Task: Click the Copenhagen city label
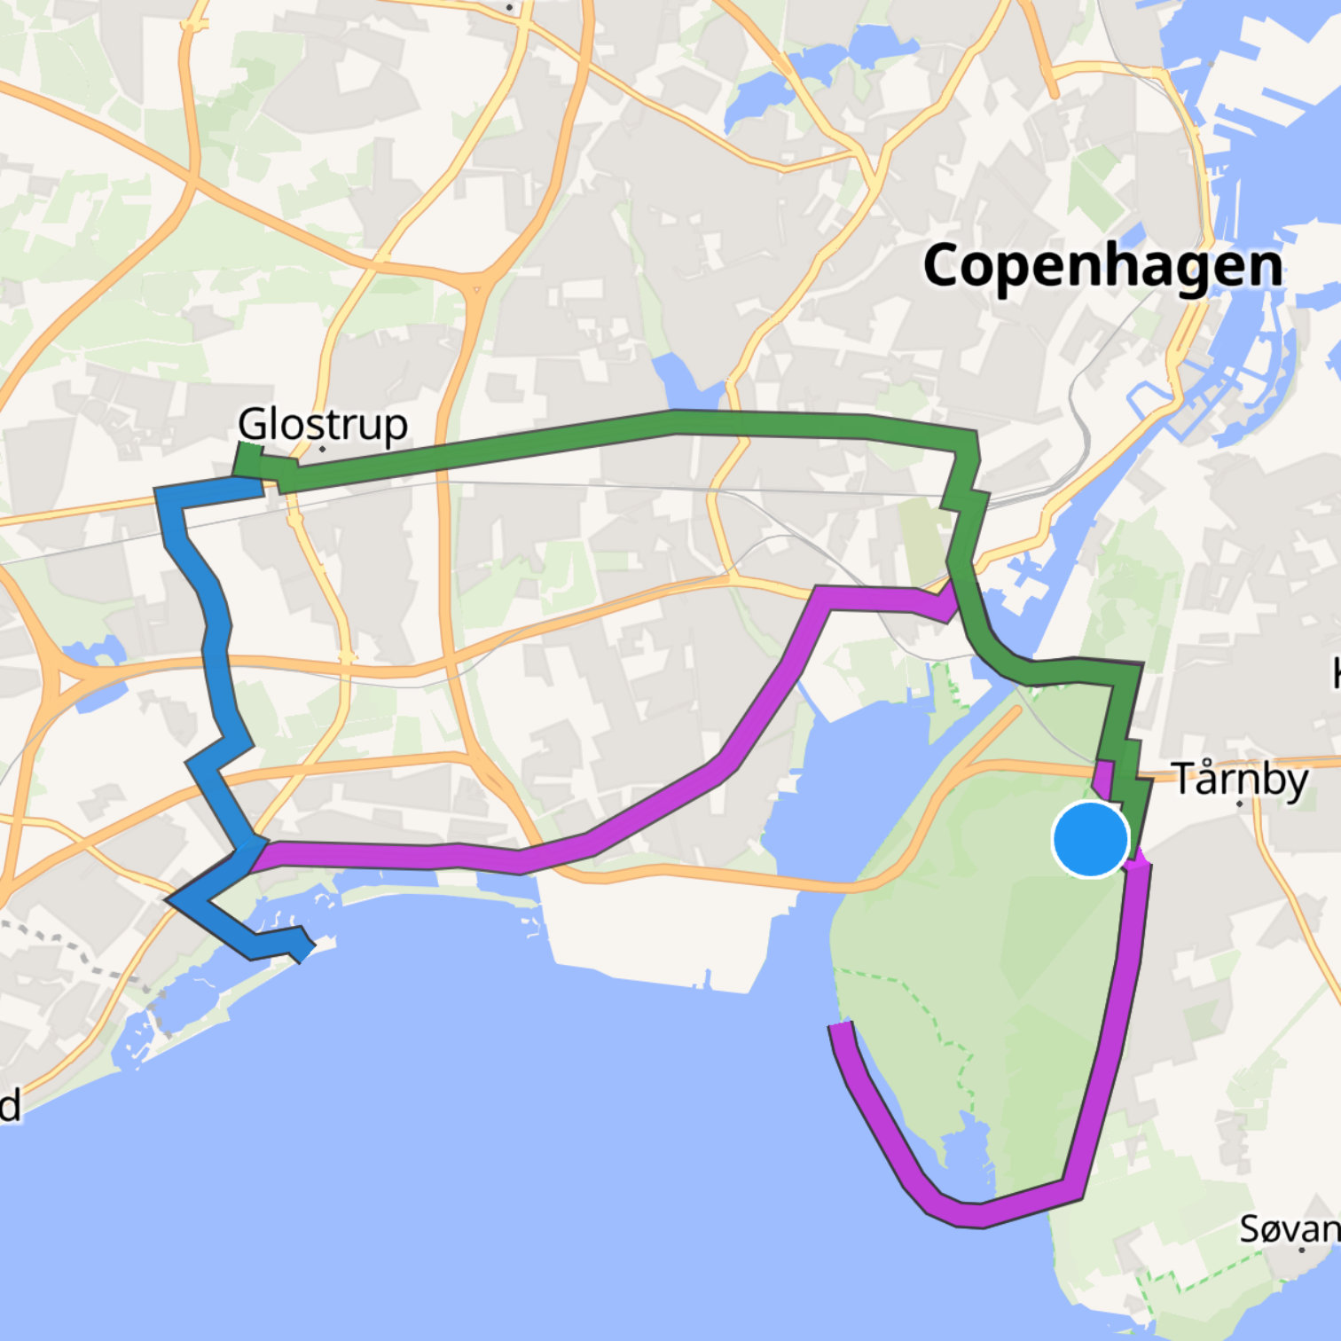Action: point(1102,266)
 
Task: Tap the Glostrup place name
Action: point(323,425)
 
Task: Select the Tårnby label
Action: point(1240,780)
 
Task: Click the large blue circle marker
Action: point(1091,839)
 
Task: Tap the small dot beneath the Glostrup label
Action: point(323,449)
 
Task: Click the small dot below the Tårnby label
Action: point(1240,804)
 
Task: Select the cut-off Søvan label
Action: point(1290,1229)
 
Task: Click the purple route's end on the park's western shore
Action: point(839,1029)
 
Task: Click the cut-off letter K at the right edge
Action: point(1336,674)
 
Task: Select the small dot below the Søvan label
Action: point(1302,1250)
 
